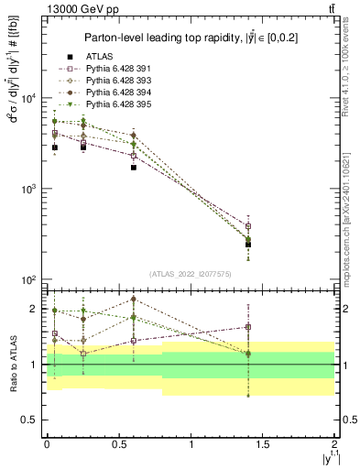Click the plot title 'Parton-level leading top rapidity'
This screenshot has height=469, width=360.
tap(191, 38)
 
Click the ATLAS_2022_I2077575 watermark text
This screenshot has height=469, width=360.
tap(191, 273)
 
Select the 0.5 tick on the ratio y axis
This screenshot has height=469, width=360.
tap(31, 420)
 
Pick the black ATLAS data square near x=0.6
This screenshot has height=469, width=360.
tap(134, 168)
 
